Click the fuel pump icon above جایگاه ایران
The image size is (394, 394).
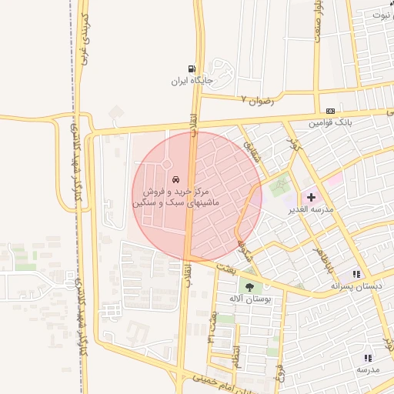(x=192, y=68)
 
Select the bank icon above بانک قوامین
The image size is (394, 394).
(x=330, y=112)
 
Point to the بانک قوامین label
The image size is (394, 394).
(x=331, y=122)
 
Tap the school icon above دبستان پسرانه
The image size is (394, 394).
(x=356, y=274)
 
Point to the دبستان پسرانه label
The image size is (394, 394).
(x=356, y=286)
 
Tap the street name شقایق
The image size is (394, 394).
(x=248, y=142)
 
